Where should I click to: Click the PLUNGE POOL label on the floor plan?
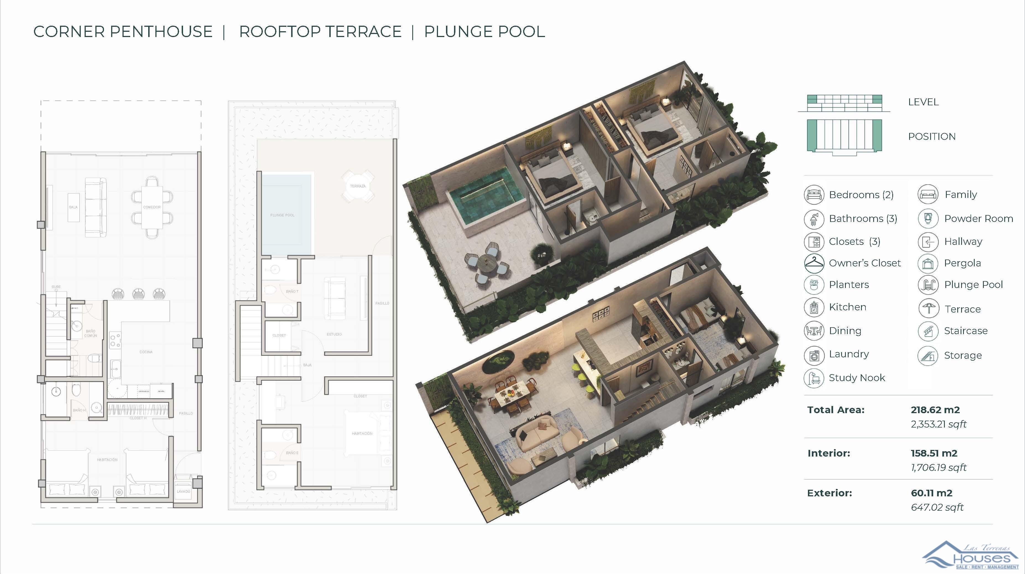(x=282, y=215)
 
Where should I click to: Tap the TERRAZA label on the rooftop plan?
(x=358, y=186)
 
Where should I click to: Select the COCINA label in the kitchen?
(x=146, y=352)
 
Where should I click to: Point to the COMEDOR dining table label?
(x=152, y=207)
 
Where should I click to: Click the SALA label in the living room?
(x=73, y=207)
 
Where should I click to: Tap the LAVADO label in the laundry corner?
(x=183, y=492)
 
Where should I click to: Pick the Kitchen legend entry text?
(x=847, y=307)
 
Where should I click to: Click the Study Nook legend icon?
(x=814, y=378)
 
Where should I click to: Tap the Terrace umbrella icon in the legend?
(x=928, y=309)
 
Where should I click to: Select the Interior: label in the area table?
(x=829, y=453)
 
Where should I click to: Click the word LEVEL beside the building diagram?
(x=923, y=102)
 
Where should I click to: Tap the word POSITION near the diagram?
(x=932, y=137)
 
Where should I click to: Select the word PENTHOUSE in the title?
(x=161, y=32)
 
